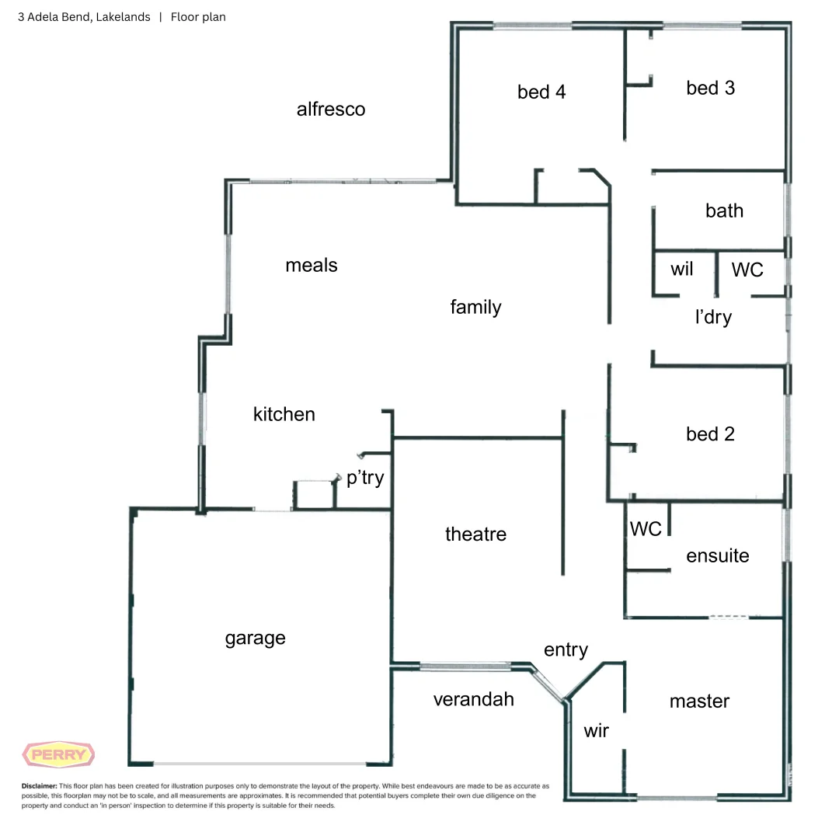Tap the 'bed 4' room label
point(541,92)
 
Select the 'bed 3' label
point(710,88)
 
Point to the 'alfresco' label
point(331,109)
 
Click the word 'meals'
point(312,265)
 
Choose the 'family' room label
point(475,307)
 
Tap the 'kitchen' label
point(284,414)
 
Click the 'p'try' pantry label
point(365,478)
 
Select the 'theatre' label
point(475,534)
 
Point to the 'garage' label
point(255,639)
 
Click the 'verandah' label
point(473,699)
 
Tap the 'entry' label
point(566,649)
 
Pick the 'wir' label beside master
point(597,730)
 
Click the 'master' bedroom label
point(699,701)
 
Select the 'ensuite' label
point(718,555)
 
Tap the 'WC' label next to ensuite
point(646,528)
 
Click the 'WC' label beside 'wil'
point(747,270)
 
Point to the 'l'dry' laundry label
point(713,317)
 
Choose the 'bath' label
point(724,211)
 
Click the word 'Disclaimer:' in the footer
point(39,786)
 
